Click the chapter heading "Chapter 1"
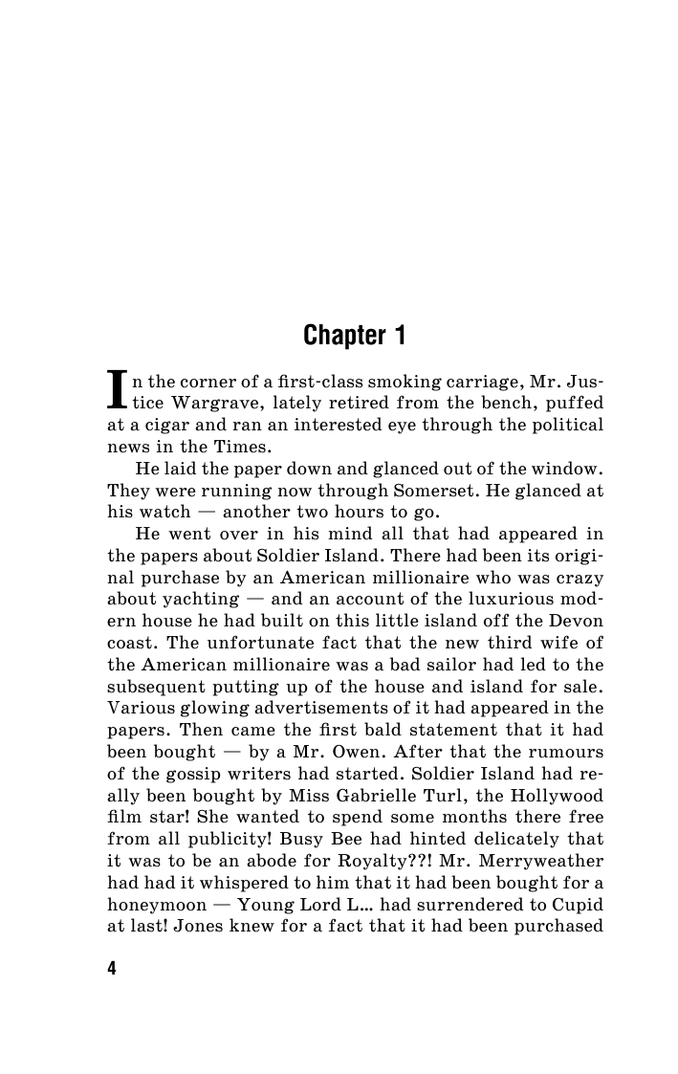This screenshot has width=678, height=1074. [355, 336]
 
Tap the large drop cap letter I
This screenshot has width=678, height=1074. [118, 388]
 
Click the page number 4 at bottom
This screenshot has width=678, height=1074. [112, 969]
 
